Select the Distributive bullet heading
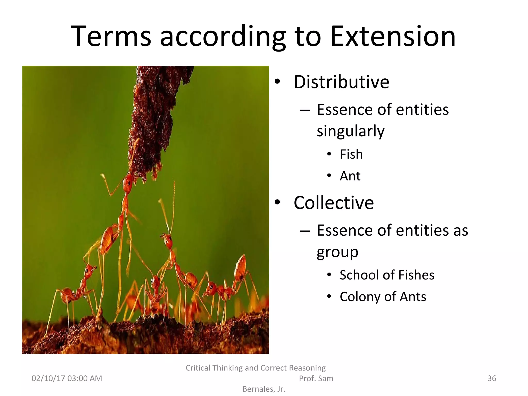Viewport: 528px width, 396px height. pos(341,82)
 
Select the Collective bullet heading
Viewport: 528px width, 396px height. pos(334,203)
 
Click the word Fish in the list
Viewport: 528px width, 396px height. pos(351,154)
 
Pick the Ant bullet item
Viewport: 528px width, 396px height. pos(350,176)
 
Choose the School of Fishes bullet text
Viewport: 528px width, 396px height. pos(387,275)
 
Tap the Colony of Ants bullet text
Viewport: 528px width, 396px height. pos(383,296)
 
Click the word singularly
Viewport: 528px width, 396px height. pos(350,131)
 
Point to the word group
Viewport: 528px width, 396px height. pos(337,252)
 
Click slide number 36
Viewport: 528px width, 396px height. pos(492,378)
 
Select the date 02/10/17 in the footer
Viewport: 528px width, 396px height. pos(49,378)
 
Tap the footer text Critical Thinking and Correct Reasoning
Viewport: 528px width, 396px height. pos(255,368)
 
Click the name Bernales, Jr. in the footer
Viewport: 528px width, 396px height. pos(264,389)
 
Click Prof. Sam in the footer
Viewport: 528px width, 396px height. pos(316,378)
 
